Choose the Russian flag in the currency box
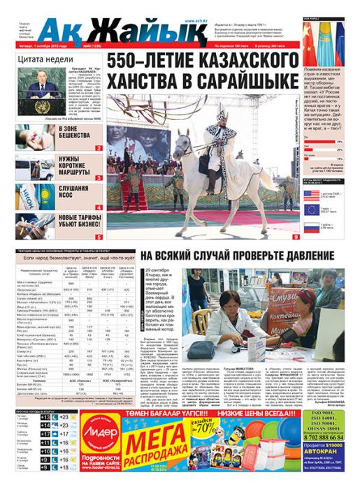tap(313, 227)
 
